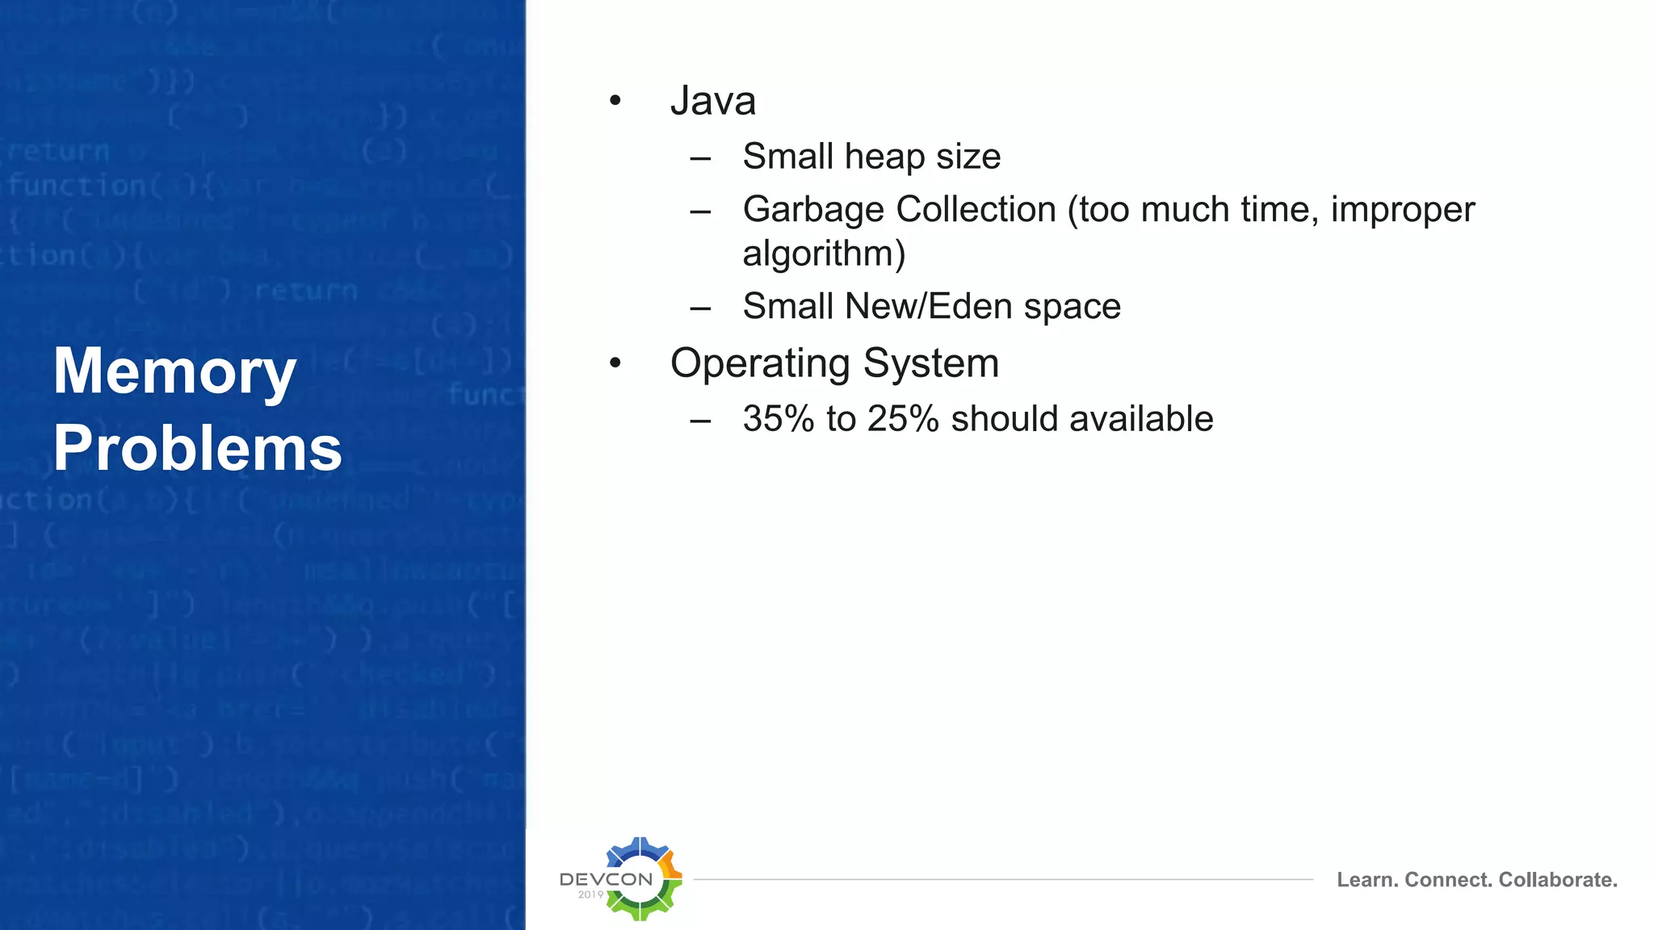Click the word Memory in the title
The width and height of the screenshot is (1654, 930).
pos(174,371)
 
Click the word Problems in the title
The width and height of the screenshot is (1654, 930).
pos(198,449)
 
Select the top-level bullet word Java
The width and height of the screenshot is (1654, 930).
pos(712,101)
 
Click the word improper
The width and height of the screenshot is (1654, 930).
pos(1402,210)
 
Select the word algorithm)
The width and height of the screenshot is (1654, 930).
pos(824,253)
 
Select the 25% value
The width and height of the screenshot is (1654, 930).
pos(903,419)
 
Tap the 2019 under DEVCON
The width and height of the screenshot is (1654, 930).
pos(590,894)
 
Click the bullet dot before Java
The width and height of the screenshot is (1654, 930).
pos(615,101)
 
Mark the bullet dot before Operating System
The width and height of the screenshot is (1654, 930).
pos(615,363)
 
